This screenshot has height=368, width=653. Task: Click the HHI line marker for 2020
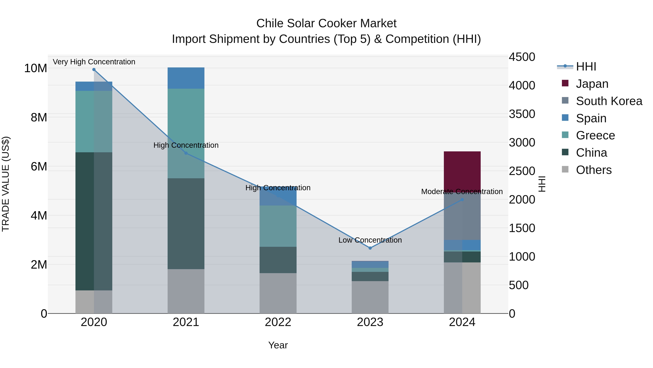pyautogui.click(x=94, y=70)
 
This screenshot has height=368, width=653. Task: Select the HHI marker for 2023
pyautogui.click(x=370, y=248)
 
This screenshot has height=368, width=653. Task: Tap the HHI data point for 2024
pyautogui.click(x=462, y=200)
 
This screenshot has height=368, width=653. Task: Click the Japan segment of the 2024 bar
pyautogui.click(x=462, y=170)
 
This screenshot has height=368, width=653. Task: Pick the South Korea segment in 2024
pyautogui.click(x=462, y=218)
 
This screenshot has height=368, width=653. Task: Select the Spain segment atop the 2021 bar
pyautogui.click(x=186, y=78)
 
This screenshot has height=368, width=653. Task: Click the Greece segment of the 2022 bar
pyautogui.click(x=278, y=226)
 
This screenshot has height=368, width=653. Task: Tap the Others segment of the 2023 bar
pyautogui.click(x=370, y=297)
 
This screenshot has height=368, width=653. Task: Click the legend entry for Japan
pyautogui.click(x=592, y=84)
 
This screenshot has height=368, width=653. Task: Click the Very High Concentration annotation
pyautogui.click(x=94, y=62)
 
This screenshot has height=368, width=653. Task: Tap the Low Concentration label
pyautogui.click(x=370, y=240)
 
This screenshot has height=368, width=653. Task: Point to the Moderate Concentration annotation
pyautogui.click(x=462, y=192)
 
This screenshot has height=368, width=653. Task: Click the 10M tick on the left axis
pyautogui.click(x=36, y=68)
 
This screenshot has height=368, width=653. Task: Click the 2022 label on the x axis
pyautogui.click(x=278, y=322)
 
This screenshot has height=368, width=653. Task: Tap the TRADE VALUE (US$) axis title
pyautogui.click(x=6, y=184)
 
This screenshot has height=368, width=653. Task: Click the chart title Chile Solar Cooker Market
pyautogui.click(x=326, y=23)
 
